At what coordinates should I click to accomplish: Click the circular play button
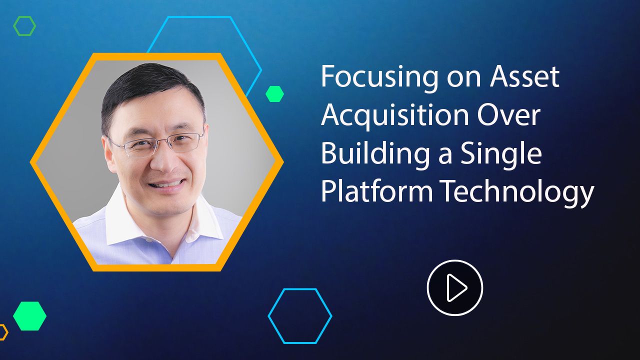coord(455,287)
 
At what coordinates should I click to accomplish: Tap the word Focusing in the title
coord(379,77)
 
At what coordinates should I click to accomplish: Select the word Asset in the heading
coord(525,76)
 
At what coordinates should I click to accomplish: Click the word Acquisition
coord(395,115)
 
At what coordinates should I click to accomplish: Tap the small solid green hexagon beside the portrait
coord(274,93)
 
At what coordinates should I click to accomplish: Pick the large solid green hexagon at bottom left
coord(29,316)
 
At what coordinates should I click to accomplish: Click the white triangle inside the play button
coord(456,287)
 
